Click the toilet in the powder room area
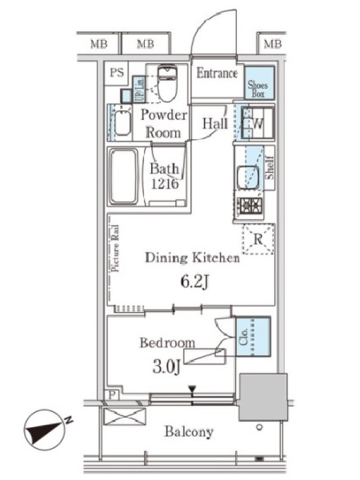167,83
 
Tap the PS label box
116,73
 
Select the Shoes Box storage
259,83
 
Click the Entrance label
217,73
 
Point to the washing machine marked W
257,124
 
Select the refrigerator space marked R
258,239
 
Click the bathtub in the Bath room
124,176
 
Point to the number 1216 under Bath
164,184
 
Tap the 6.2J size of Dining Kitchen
194,282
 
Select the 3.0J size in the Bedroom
166,367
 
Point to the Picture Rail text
115,248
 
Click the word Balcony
188,432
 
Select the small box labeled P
112,395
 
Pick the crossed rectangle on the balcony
124,416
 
